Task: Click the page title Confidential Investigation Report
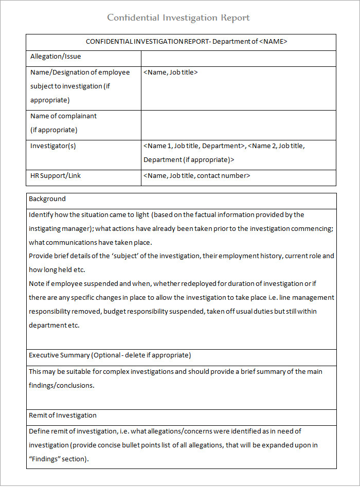[x=178, y=18]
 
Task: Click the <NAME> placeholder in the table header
[x=273, y=42]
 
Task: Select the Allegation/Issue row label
[x=56, y=57]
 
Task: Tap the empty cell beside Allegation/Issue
[x=238, y=58]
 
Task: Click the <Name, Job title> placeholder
[x=171, y=73]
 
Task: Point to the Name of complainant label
[x=63, y=116]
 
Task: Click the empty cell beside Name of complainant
[x=238, y=125]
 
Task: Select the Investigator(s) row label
[x=53, y=146]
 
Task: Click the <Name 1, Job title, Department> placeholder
[x=194, y=146]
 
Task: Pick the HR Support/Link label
[x=56, y=176]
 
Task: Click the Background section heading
[x=47, y=199]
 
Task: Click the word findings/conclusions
[x=61, y=385]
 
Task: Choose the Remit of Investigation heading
[x=63, y=416]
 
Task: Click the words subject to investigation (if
[x=70, y=86]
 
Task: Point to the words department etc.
[x=54, y=326]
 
